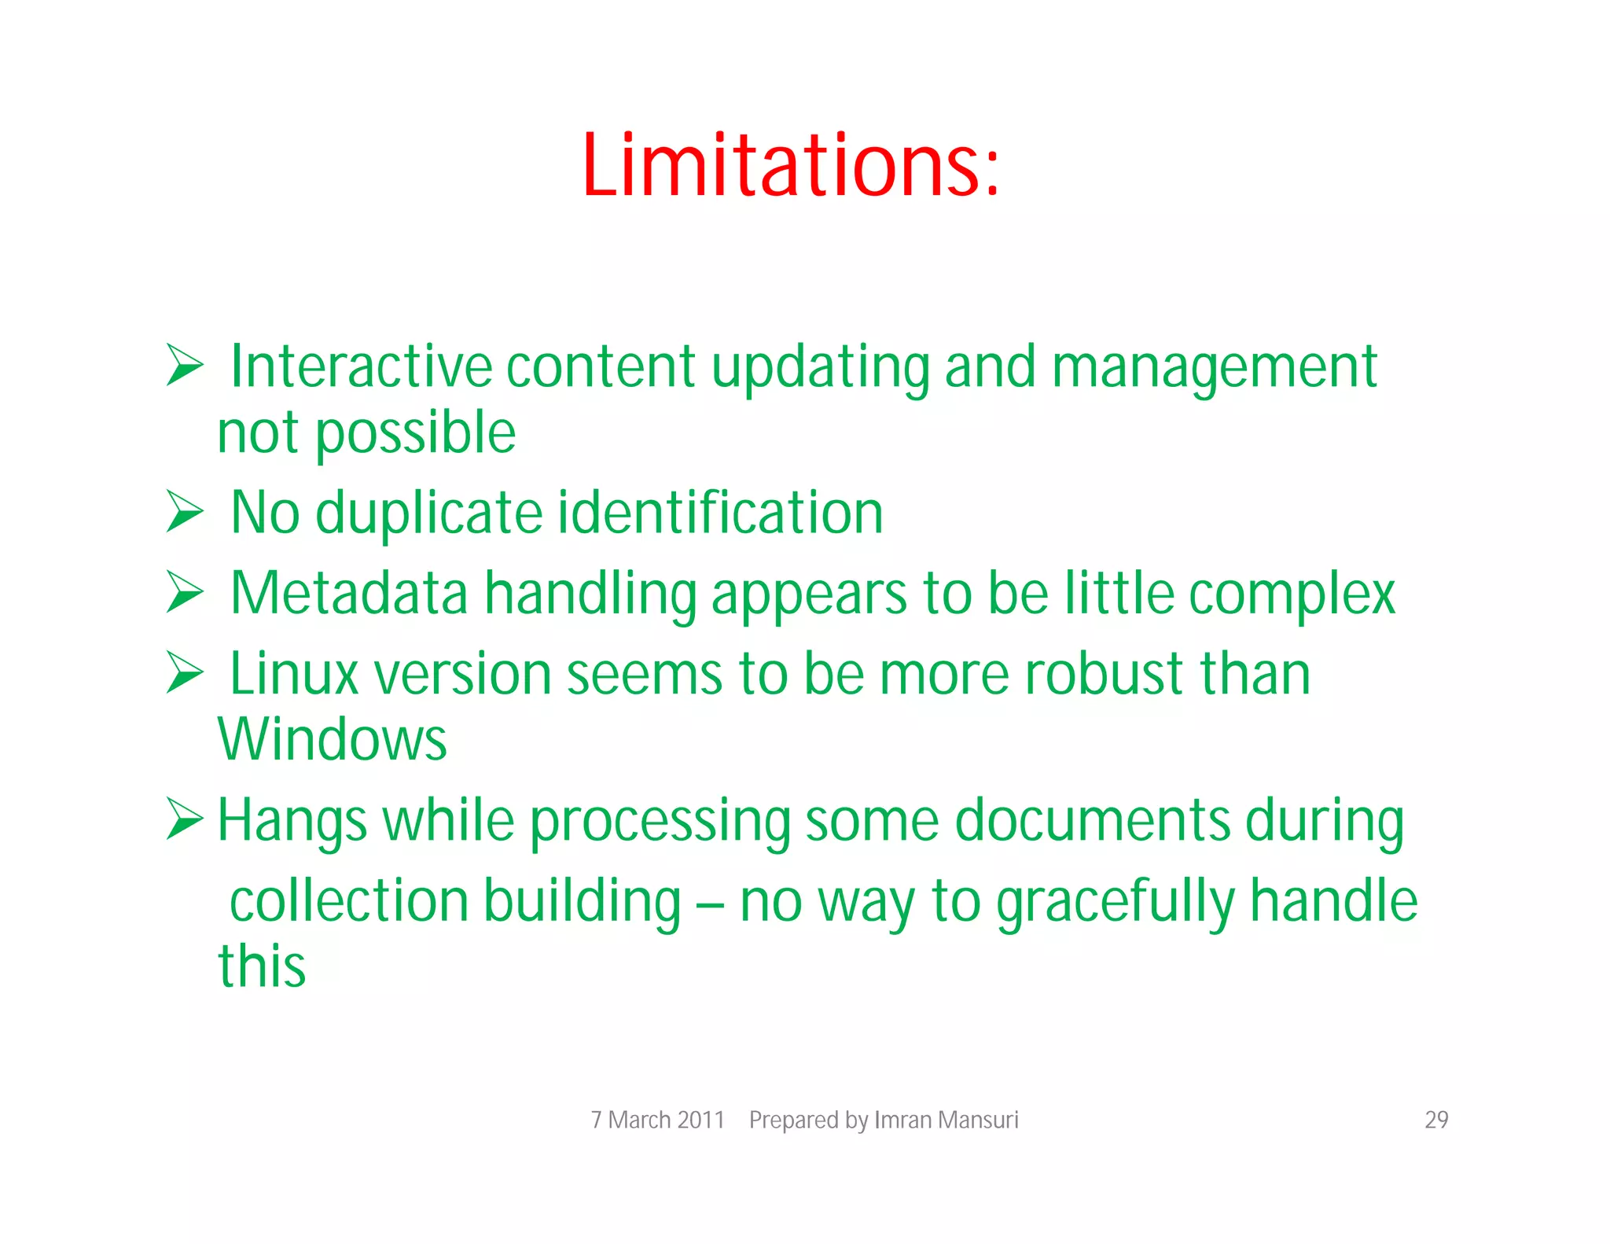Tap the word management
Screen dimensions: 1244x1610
click(x=1214, y=368)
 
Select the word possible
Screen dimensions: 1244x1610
click(x=415, y=434)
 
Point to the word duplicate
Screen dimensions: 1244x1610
click(x=428, y=513)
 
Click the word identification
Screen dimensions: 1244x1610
click(x=721, y=513)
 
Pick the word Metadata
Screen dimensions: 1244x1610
click(x=349, y=593)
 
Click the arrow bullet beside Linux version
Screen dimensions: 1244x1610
click(x=185, y=673)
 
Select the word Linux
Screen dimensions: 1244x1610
click(x=294, y=675)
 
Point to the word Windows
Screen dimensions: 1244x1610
click(x=332, y=740)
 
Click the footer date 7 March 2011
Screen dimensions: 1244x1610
click(x=657, y=1120)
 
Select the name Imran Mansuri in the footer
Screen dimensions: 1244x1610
click(x=946, y=1120)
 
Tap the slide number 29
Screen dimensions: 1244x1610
click(x=1435, y=1120)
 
